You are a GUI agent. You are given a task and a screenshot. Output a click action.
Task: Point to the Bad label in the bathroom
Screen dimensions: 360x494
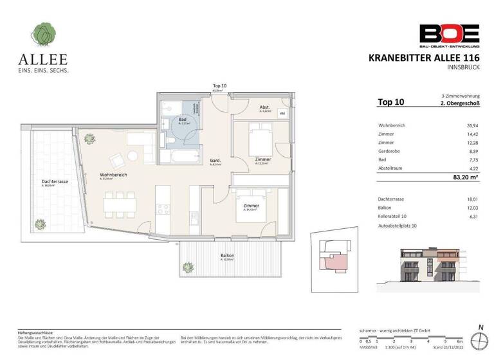[182, 120]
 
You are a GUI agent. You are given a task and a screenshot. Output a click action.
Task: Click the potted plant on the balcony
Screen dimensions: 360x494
[189, 266]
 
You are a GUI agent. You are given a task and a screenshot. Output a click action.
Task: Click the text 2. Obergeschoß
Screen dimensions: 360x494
[462, 104]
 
